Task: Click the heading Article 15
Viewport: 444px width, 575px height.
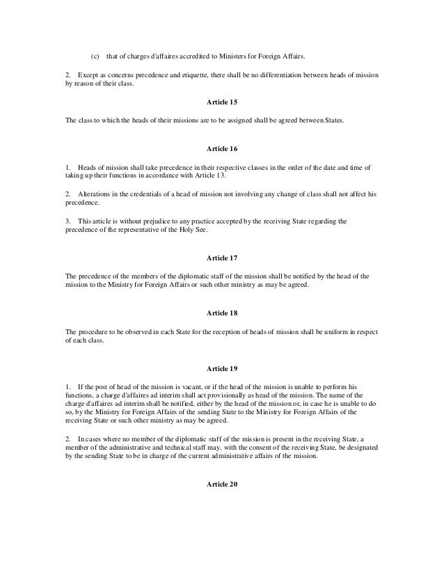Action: [221, 102]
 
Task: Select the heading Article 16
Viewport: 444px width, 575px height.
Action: [221, 149]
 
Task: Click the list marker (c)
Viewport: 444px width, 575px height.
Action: [96, 56]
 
